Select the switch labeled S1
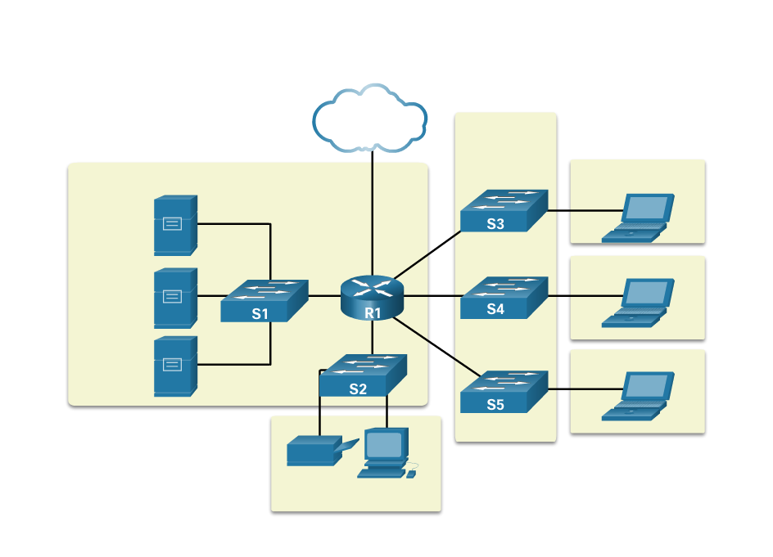point(264,300)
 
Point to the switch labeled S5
point(503,392)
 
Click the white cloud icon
point(370,119)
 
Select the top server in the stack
point(175,225)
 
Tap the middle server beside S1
point(175,298)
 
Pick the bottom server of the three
point(175,366)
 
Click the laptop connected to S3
point(638,218)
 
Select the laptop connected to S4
point(638,303)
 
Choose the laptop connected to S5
point(638,397)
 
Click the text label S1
point(260,313)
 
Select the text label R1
point(373,312)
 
